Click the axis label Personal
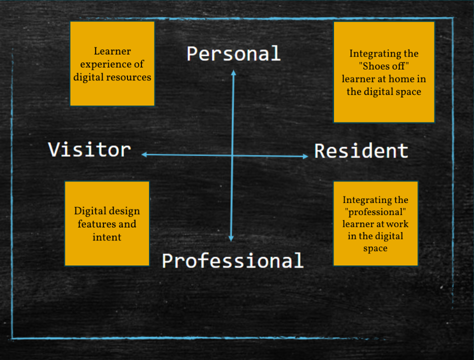(233, 53)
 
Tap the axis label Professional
(233, 260)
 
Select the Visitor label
(89, 149)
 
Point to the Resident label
(361, 151)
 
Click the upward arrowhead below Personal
(233, 72)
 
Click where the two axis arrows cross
(232, 155)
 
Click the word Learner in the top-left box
(112, 51)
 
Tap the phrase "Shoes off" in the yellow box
(384, 66)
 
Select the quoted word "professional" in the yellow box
(375, 212)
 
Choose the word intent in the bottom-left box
(107, 237)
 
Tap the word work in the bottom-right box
(397, 224)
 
